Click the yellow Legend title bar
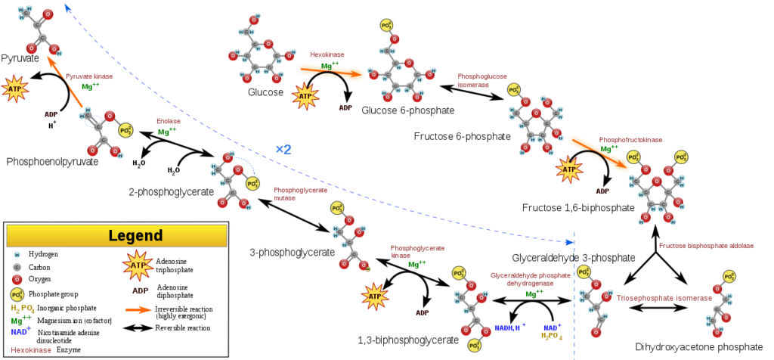[x=116, y=235]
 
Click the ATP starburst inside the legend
[x=138, y=265]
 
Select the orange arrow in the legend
[x=138, y=309]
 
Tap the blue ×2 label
[x=283, y=150]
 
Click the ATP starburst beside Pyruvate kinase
[x=14, y=88]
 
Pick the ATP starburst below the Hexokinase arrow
[x=305, y=96]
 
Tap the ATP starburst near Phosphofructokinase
[x=569, y=169]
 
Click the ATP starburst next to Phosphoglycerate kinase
[x=375, y=296]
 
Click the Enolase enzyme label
[x=169, y=121]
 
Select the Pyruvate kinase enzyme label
[x=88, y=76]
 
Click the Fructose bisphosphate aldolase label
[x=705, y=246]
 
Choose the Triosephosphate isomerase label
[x=663, y=298]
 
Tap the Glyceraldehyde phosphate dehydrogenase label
[x=530, y=279]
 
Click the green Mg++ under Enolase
[x=167, y=132]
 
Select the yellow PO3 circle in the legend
[x=17, y=294]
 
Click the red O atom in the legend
[x=17, y=279]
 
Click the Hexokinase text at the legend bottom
[x=31, y=350]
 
